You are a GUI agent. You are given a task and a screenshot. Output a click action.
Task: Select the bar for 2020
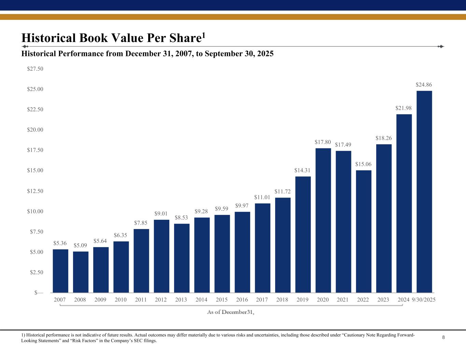pos(323,220)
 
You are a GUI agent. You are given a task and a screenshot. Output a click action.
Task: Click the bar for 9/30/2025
pos(424,192)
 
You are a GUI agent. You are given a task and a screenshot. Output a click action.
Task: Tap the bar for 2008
pos(81,272)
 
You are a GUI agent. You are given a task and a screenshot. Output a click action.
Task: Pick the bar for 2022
pos(364,231)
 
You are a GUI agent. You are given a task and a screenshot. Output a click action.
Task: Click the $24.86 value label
pos(424,84)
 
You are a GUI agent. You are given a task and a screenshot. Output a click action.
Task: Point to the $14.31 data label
pos(302,170)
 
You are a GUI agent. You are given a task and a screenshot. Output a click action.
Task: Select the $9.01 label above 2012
pos(161,214)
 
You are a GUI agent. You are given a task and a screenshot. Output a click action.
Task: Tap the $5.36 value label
pos(60,243)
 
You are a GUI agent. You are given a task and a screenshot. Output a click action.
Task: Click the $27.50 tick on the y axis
pos(35,69)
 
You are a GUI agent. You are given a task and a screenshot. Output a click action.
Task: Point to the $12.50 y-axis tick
pos(35,191)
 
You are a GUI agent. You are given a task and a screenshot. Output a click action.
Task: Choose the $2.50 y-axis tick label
pos(35,272)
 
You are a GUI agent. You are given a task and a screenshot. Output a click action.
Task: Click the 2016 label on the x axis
pos(242,300)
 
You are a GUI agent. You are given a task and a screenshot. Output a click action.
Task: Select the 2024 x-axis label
pos(404,300)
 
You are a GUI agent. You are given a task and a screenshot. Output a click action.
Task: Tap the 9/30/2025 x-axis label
pos(424,300)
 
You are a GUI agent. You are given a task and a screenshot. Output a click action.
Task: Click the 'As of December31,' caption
pos(231,312)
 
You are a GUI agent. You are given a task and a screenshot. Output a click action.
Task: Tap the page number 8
pos(443,338)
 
